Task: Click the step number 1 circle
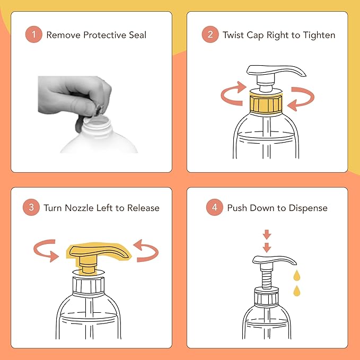pyautogui.click(x=34, y=34)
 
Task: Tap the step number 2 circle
pyautogui.click(x=210, y=34)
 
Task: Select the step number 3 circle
pyautogui.click(x=31, y=207)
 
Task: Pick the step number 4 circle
pyautogui.click(x=214, y=207)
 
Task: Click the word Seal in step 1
pyautogui.click(x=137, y=35)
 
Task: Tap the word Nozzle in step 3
pyautogui.click(x=79, y=208)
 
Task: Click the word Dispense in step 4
pyautogui.click(x=308, y=208)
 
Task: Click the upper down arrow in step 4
pyautogui.click(x=267, y=234)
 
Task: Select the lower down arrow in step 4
pyautogui.click(x=267, y=248)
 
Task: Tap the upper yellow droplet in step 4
pyautogui.click(x=296, y=276)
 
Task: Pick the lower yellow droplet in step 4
pyautogui.click(x=296, y=292)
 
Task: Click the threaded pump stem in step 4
pyautogui.click(x=267, y=278)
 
